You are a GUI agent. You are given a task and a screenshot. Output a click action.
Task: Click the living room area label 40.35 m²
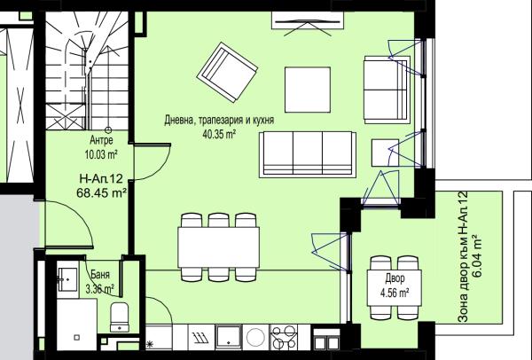pyautogui.click(x=219, y=135)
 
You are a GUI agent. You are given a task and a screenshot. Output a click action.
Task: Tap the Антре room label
pyautogui.click(x=101, y=139)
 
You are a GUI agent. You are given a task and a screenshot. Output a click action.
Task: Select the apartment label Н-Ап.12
pyautogui.click(x=101, y=178)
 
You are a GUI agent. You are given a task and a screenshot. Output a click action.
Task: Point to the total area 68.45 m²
pyautogui.click(x=102, y=192)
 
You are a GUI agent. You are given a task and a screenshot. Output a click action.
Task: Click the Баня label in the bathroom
pyautogui.click(x=100, y=275)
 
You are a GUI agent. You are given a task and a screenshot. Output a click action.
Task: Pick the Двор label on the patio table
pyautogui.click(x=395, y=278)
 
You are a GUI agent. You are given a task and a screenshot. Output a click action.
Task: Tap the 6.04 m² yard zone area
pyautogui.click(x=478, y=255)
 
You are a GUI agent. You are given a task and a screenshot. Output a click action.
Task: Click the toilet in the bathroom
pyautogui.click(x=120, y=317)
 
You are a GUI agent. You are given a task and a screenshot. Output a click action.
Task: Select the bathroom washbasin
pyautogui.click(x=67, y=279)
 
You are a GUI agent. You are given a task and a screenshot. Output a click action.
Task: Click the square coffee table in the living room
pyautogui.click(x=308, y=90)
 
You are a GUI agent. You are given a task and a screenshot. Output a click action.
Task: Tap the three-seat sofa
pyautogui.click(x=308, y=154)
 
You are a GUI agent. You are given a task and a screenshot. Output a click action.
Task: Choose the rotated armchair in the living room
pyautogui.click(x=227, y=72)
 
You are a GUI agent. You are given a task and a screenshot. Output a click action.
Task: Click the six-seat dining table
pyautogui.click(x=218, y=247)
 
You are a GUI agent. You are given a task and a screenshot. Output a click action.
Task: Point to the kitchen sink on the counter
pyautogui.click(x=229, y=336)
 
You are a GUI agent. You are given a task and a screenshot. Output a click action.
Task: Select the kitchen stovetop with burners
pyautogui.click(x=284, y=337)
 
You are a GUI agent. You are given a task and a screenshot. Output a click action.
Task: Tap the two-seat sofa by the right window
pyautogui.click(x=387, y=90)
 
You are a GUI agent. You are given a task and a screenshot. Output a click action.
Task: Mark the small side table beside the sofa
pyautogui.click(x=385, y=153)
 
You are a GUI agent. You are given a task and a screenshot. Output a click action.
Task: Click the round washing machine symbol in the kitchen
pyautogui.click(x=256, y=337)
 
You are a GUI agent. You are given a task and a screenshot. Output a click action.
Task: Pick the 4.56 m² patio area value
pyautogui.click(x=395, y=293)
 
